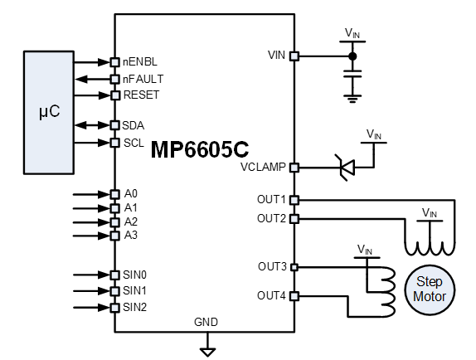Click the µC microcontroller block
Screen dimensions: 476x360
49,113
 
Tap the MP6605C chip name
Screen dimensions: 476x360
200,149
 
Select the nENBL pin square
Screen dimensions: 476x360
114,62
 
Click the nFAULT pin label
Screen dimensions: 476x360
143,80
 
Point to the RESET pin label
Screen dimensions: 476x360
141,95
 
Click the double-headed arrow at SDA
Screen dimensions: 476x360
92,125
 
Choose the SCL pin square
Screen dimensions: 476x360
114,143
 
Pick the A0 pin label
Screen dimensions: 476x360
131,193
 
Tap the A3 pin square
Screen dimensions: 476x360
114,236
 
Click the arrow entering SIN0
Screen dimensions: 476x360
92,275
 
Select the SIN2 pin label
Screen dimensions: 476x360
135,308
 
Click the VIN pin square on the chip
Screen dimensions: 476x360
294,56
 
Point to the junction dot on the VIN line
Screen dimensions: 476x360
352,56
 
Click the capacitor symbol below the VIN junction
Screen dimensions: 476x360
352,74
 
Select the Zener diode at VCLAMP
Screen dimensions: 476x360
347,168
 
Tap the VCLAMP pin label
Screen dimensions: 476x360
263,168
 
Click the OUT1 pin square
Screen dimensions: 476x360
294,200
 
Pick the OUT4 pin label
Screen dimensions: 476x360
271,295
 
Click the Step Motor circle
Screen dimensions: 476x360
430,289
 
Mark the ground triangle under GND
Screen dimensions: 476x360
207,352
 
